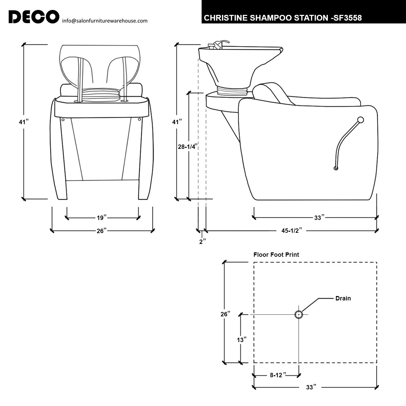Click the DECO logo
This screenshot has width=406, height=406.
(33, 17)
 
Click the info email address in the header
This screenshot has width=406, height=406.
(105, 21)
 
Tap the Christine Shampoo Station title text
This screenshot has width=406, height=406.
(283, 18)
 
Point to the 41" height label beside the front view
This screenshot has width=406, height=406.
(23, 122)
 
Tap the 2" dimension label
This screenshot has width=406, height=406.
(203, 242)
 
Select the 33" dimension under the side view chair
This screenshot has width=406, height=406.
(318, 218)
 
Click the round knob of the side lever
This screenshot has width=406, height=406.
(361, 119)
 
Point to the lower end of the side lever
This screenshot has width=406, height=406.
(336, 168)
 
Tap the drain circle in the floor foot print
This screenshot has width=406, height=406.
(298, 315)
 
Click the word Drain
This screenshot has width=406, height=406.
(343, 298)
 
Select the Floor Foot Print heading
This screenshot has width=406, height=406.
(276, 254)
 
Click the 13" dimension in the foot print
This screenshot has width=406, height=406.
(241, 340)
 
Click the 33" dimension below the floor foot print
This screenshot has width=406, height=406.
(310, 387)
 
